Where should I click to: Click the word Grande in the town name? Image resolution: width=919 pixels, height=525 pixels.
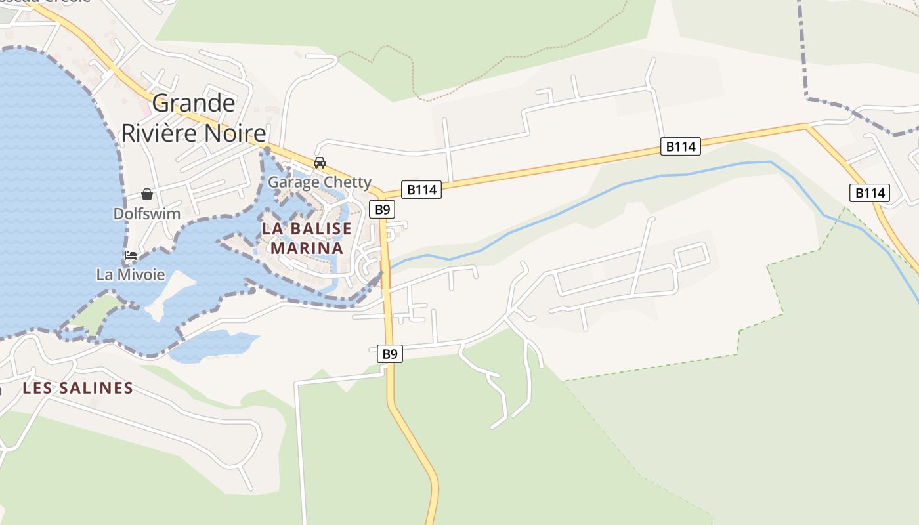(x=194, y=103)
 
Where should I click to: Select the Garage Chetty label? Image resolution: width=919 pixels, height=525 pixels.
(x=320, y=182)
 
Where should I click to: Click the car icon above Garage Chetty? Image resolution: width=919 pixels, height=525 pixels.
(x=320, y=162)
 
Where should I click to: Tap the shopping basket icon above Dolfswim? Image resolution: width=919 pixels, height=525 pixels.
(x=147, y=194)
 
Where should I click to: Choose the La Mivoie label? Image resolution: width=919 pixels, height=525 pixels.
(x=131, y=274)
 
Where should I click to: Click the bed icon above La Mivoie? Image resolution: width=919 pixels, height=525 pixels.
(x=130, y=255)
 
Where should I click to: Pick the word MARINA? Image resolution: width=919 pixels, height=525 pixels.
(x=307, y=248)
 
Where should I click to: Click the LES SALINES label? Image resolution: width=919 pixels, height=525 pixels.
(x=77, y=388)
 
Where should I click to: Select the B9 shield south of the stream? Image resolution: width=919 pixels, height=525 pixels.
(x=390, y=354)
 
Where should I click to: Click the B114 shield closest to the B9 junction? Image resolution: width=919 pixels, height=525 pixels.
(x=421, y=190)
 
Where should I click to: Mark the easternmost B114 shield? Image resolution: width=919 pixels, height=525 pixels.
(x=870, y=193)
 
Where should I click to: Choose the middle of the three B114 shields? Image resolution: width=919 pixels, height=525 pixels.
(x=680, y=146)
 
